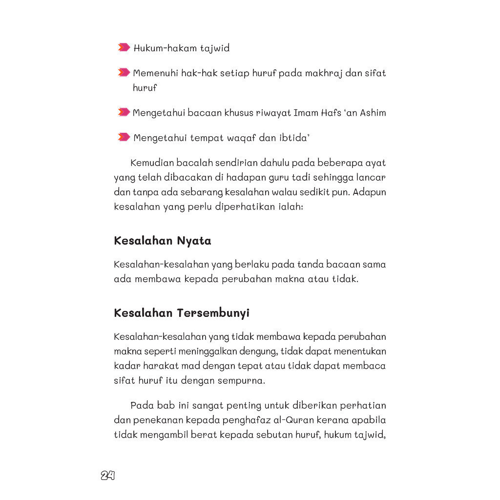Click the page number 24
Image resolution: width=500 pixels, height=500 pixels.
107,476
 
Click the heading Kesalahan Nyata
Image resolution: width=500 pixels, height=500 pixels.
162,241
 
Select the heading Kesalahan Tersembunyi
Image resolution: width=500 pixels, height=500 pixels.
181,313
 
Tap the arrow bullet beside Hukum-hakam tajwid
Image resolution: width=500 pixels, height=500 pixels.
124,47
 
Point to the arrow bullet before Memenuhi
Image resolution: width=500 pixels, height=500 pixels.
124,73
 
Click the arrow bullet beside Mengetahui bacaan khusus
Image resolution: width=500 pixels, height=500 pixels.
124,112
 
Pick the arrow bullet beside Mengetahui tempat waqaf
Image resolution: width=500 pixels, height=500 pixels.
124,137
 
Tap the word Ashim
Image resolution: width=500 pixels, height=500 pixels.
373,113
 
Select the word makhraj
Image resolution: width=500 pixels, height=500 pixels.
323,73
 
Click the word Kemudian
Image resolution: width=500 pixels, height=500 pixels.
151,163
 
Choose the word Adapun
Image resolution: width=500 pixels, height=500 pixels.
370,192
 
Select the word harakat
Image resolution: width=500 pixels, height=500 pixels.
161,366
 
